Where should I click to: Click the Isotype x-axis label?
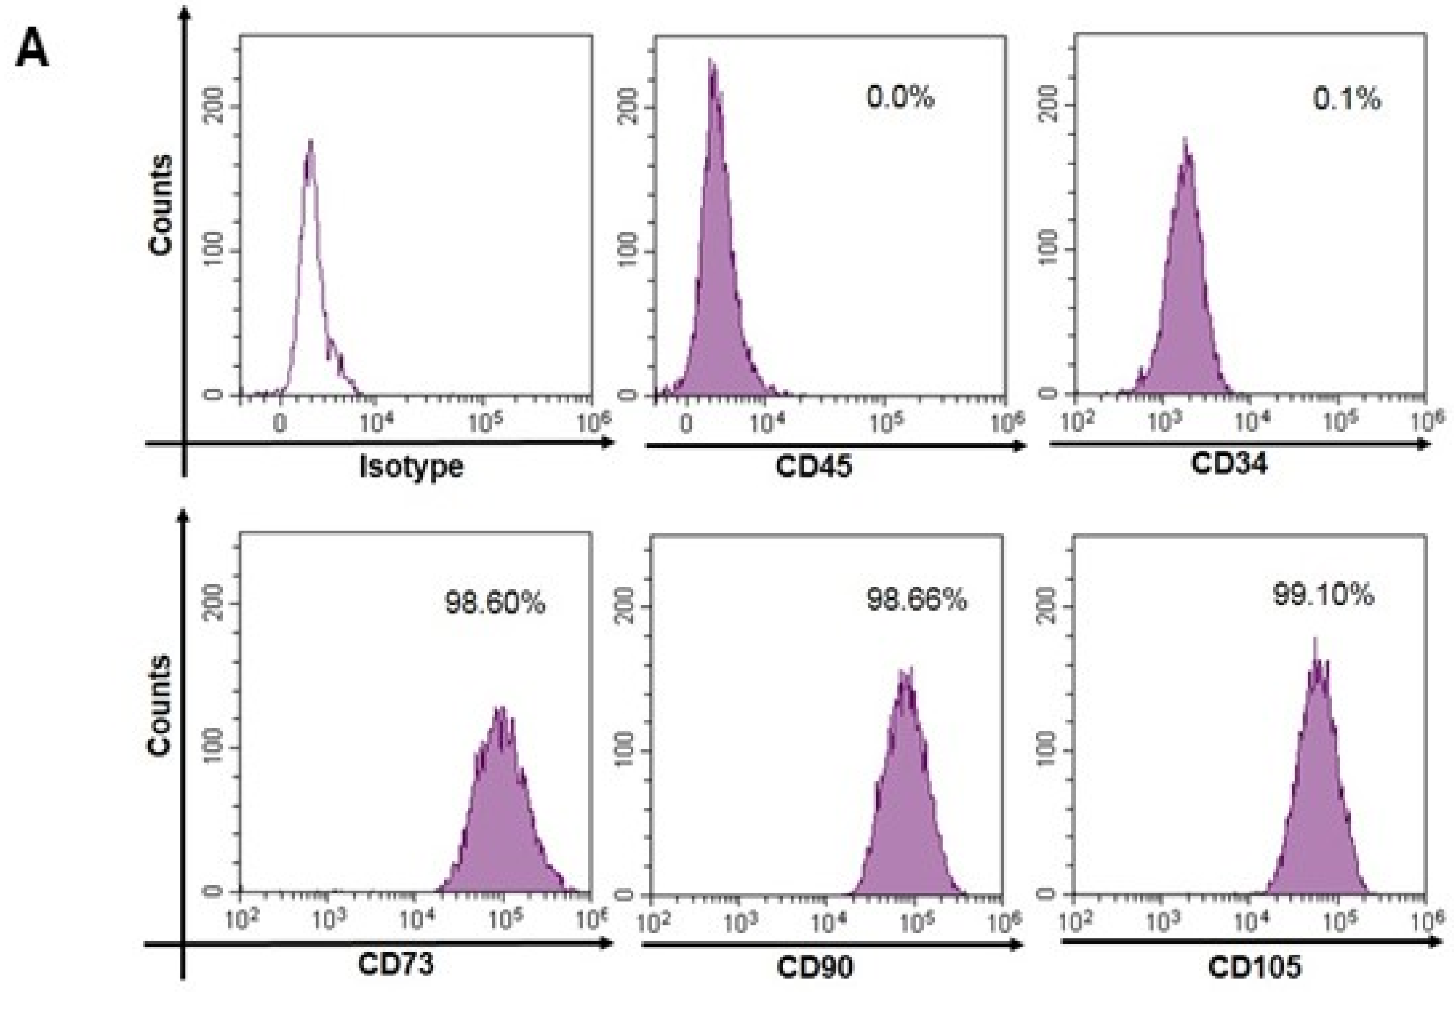pos(412,467)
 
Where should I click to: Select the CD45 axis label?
pos(813,466)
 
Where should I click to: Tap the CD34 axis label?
pos(1229,463)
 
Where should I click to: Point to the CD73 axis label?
pos(396,964)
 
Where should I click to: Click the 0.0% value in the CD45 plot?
pos(900,98)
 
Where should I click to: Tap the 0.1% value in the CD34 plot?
pos(1347,99)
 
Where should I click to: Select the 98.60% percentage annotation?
pos(494,602)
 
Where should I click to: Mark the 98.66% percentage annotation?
pos(917,599)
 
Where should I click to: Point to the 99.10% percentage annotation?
pos(1323,595)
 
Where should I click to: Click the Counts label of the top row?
pos(160,205)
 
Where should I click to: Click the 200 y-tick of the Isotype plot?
pos(216,105)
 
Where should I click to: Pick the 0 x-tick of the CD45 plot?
pos(686,424)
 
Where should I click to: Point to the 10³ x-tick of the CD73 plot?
pos(329,920)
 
